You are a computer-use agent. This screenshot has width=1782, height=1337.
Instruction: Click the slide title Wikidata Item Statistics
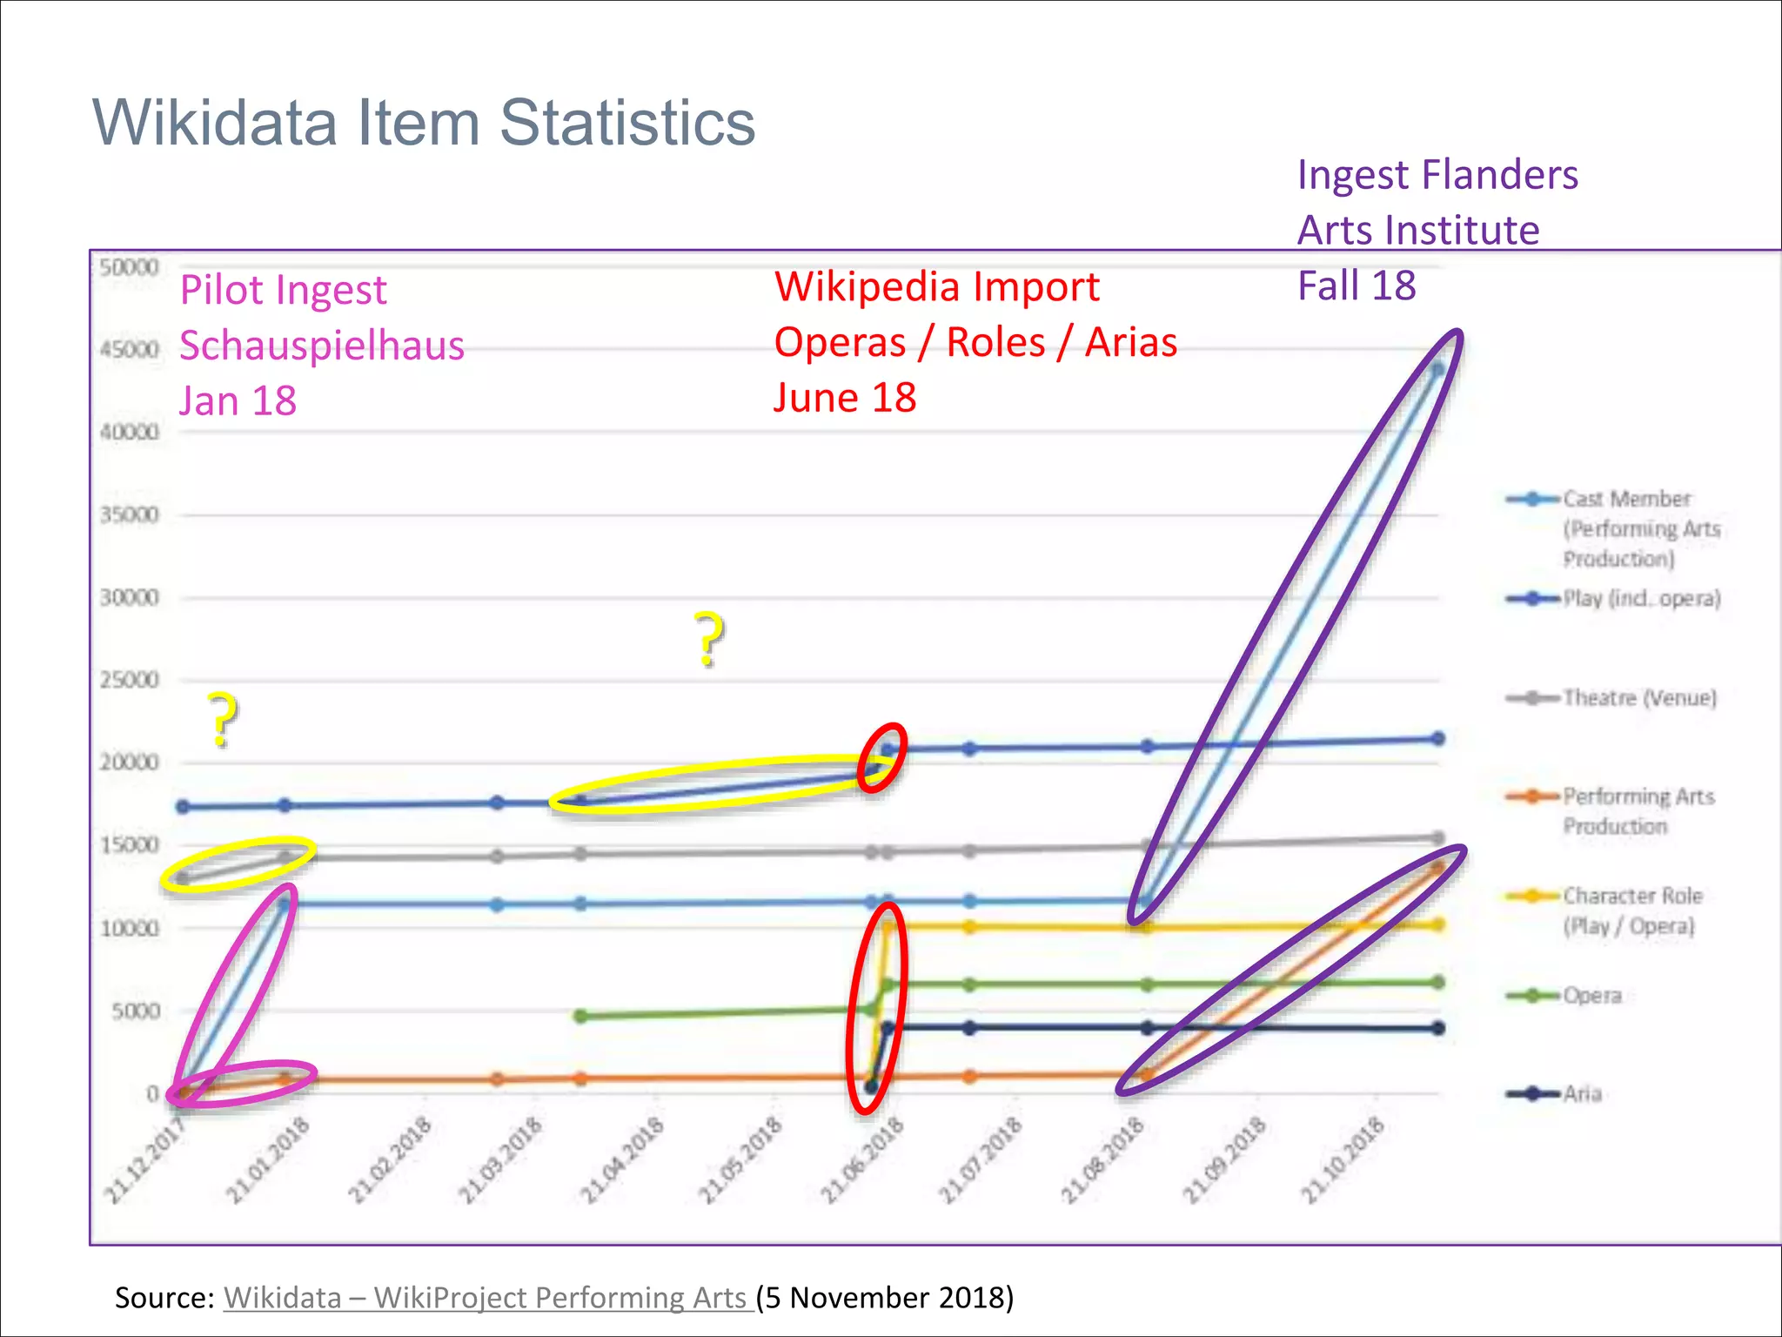424,123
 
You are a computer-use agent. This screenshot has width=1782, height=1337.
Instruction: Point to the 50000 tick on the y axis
129,267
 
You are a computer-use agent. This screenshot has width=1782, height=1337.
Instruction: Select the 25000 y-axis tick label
129,680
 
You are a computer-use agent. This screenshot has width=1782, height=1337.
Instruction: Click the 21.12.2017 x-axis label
146,1161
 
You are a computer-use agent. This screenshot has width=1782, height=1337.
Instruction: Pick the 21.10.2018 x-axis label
1343,1161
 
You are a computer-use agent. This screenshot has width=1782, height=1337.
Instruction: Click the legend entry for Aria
1581,1093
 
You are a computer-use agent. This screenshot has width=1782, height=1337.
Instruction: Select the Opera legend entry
1591,995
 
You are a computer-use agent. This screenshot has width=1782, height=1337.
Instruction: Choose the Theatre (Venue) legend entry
1638,698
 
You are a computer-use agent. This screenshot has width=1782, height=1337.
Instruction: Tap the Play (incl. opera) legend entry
1641,599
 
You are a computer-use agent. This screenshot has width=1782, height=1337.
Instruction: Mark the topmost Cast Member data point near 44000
1437,369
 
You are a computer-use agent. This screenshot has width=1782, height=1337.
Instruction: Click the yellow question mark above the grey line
222,720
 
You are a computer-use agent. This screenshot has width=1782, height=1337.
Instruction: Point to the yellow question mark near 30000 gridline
709,640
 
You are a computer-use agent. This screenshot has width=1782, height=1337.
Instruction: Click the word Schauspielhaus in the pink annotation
322,346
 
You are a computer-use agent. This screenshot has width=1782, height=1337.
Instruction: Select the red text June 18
845,398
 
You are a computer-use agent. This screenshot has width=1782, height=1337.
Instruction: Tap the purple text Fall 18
1356,286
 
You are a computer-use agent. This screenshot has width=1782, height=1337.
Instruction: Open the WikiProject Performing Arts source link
487,1297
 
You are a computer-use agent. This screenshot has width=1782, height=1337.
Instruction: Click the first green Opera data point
581,1016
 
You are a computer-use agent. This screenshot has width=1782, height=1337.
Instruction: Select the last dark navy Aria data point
1438,1028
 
